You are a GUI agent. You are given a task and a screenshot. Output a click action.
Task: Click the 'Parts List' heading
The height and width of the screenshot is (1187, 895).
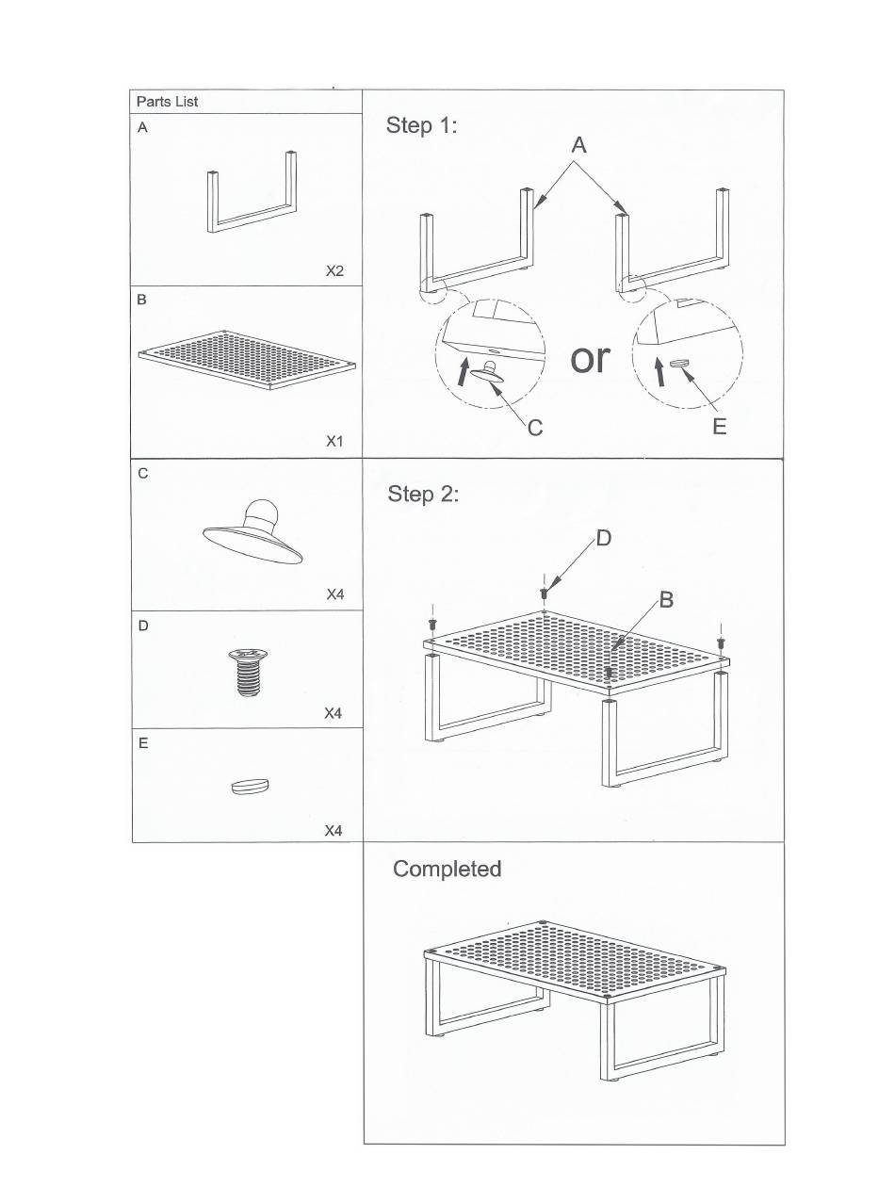(167, 102)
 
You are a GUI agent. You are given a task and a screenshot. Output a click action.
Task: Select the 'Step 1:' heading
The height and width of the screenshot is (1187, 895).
(421, 125)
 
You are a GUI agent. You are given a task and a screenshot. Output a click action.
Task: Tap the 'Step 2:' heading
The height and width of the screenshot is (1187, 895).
(423, 494)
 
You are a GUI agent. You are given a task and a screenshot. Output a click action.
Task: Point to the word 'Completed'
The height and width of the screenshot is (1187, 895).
(447, 869)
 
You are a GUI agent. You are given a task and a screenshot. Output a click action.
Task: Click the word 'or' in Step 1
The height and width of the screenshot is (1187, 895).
(591, 359)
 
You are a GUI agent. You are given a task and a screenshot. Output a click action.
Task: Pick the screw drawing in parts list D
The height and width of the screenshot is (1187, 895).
(248, 673)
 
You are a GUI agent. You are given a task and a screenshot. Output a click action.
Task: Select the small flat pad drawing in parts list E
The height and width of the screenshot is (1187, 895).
(250, 785)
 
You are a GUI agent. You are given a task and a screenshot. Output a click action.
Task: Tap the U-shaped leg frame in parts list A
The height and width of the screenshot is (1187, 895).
(252, 199)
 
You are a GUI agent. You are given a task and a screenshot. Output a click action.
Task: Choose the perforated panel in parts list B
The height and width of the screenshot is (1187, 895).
(248, 359)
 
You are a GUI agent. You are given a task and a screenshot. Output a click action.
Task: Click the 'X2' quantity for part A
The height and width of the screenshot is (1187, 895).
(334, 271)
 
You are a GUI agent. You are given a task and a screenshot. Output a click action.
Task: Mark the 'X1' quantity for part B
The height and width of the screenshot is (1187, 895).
(334, 441)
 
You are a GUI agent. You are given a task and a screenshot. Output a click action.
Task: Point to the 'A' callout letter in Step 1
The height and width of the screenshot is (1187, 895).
(578, 145)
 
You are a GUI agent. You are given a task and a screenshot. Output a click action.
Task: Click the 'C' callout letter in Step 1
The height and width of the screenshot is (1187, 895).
(535, 428)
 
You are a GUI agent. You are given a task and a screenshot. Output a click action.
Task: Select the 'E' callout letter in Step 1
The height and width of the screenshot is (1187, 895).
(719, 427)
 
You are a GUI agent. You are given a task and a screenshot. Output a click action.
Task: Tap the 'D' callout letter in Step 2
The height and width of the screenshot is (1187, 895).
(604, 538)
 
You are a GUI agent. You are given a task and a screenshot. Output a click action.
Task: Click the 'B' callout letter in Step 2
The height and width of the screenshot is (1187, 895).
(666, 599)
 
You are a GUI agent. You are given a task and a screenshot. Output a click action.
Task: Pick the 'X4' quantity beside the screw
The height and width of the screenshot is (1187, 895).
(333, 713)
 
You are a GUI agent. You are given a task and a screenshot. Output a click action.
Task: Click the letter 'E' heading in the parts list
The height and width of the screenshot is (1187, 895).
(143, 743)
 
